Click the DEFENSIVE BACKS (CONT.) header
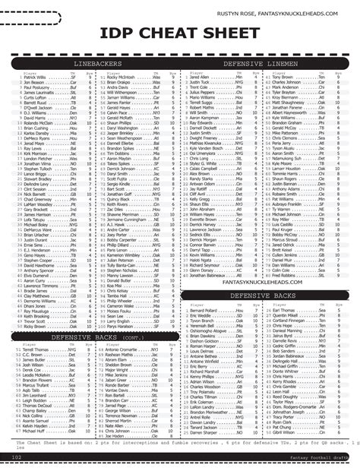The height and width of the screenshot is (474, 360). (x=90, y=336)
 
